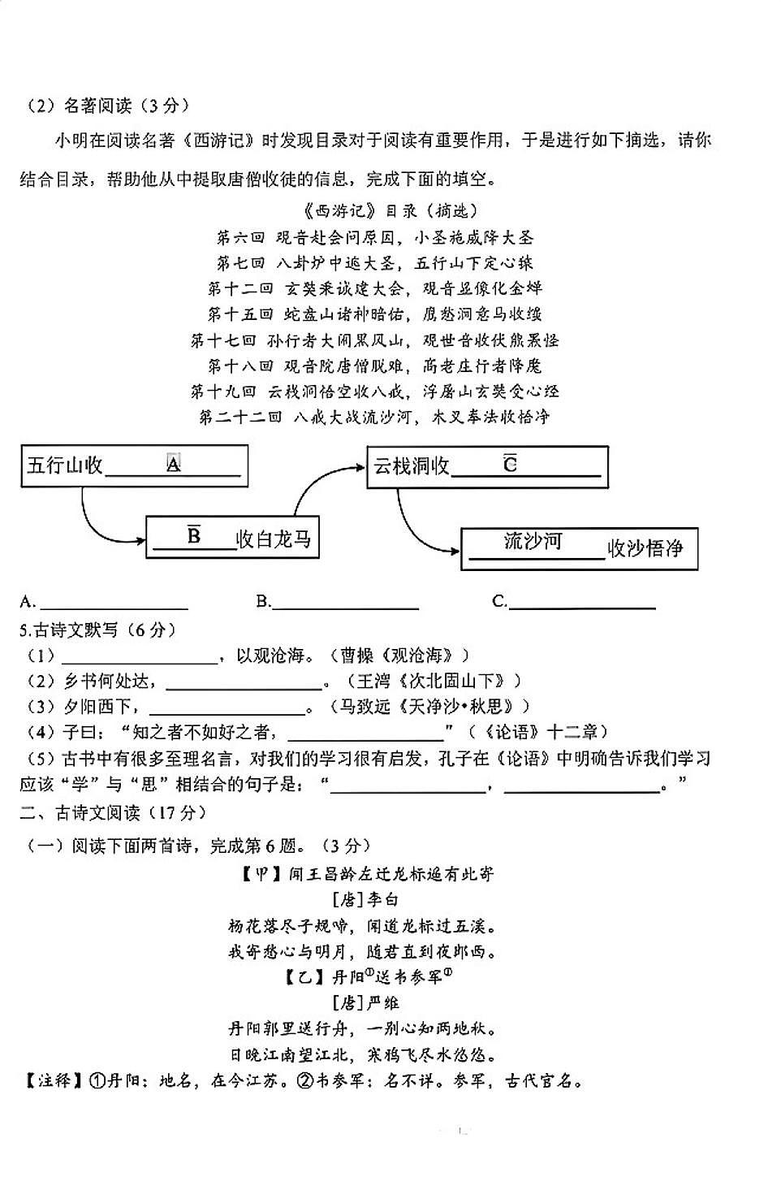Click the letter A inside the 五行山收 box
[x=173, y=464]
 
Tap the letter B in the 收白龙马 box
[x=194, y=536]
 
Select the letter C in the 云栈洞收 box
[x=510, y=464]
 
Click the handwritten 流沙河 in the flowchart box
[x=533, y=541]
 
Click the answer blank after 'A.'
[x=114, y=604]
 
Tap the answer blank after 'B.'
[x=346, y=604]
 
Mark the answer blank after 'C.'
[x=582, y=604]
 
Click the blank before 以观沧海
[x=140, y=657]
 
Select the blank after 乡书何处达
[x=244, y=683]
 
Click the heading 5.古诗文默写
[x=97, y=630]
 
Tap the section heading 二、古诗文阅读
[x=113, y=813]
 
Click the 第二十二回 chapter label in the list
[x=240, y=418]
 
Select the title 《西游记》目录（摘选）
[x=390, y=212]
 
